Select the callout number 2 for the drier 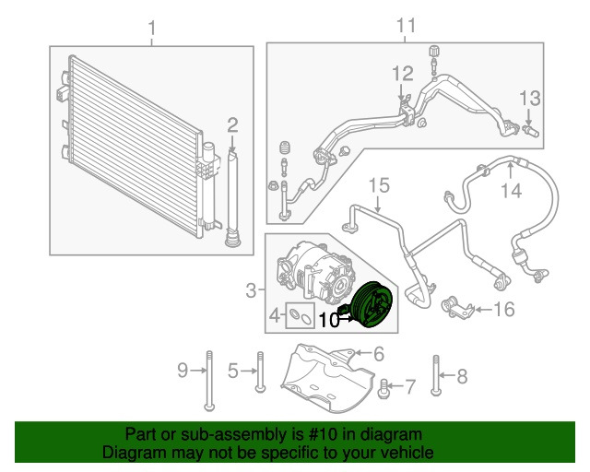(233, 124)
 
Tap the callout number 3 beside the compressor (251, 291)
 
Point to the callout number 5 (233, 371)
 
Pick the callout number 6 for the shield (377, 352)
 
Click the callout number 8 (462, 374)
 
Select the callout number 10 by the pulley (328, 320)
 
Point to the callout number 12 (403, 74)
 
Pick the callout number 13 (528, 98)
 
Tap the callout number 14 (511, 191)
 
